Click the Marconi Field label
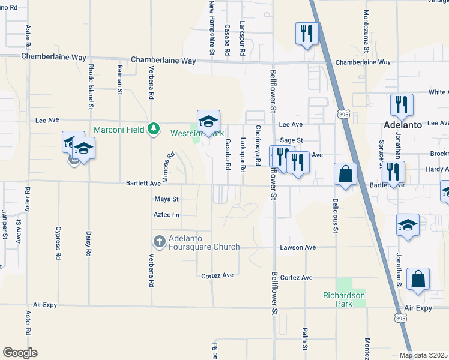click(119, 130)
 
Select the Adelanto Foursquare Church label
click(204, 242)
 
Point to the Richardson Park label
click(344, 295)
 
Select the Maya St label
click(167, 199)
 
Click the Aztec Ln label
click(167, 214)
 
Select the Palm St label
click(305, 339)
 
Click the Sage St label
click(291, 140)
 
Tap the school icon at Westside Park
click(208, 121)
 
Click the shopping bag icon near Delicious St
click(345, 174)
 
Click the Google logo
click(20, 353)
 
